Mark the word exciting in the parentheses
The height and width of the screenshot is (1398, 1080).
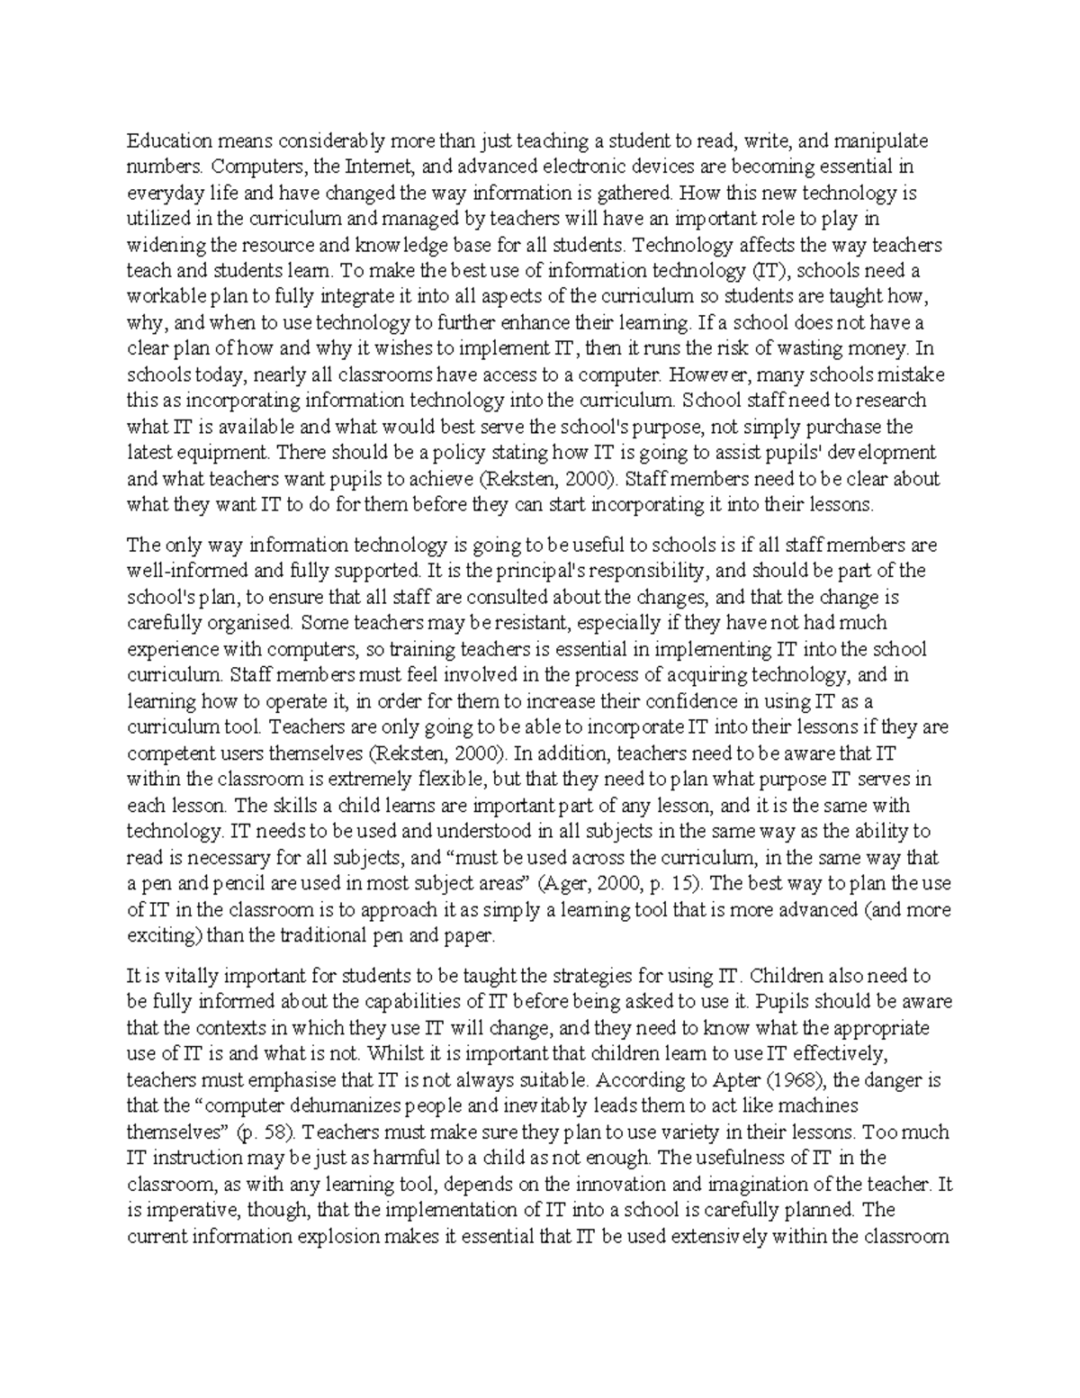[x=161, y=936]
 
